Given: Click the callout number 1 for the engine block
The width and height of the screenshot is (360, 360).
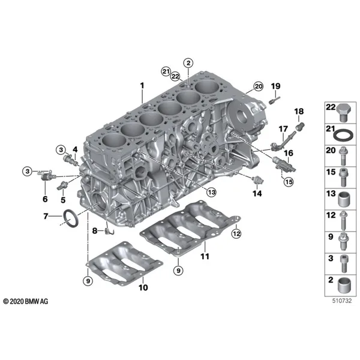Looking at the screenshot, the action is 142,86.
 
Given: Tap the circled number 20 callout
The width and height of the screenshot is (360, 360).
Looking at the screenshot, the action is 258,86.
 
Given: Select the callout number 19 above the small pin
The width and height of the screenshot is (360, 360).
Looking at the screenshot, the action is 276,86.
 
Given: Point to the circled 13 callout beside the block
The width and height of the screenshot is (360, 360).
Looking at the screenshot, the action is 211,192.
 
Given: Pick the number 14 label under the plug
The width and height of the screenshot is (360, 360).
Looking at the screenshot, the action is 257,194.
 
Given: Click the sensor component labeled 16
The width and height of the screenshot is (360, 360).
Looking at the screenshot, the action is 284,164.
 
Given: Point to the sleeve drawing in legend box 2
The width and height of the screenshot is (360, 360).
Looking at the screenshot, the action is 344,286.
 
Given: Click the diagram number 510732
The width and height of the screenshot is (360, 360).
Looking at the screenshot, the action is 342,301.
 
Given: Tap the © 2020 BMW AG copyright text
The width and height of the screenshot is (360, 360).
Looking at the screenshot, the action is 26,301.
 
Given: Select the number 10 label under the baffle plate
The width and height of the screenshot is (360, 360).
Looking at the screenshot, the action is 143,287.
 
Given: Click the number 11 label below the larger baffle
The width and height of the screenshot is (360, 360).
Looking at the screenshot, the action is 205,256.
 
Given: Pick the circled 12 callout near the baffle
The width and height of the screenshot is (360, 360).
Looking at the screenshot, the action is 236,234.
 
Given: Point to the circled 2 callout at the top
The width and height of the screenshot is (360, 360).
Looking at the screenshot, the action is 188,63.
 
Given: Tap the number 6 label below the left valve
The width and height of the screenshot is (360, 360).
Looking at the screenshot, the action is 45,199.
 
